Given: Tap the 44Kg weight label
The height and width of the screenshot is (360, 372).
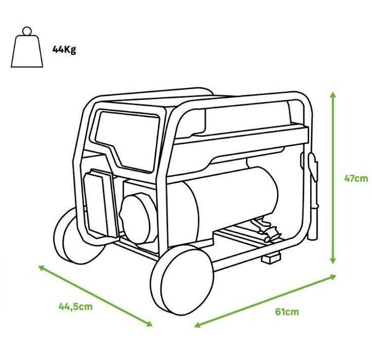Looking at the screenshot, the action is coord(64,50).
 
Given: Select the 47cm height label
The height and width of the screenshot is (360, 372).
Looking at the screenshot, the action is coord(356,179).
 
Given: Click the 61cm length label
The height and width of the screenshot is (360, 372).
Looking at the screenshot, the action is coord(287,312).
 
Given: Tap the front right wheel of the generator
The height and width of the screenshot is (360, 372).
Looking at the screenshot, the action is coord(184,279).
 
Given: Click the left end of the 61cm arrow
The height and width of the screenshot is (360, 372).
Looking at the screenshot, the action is coord(196,325).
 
